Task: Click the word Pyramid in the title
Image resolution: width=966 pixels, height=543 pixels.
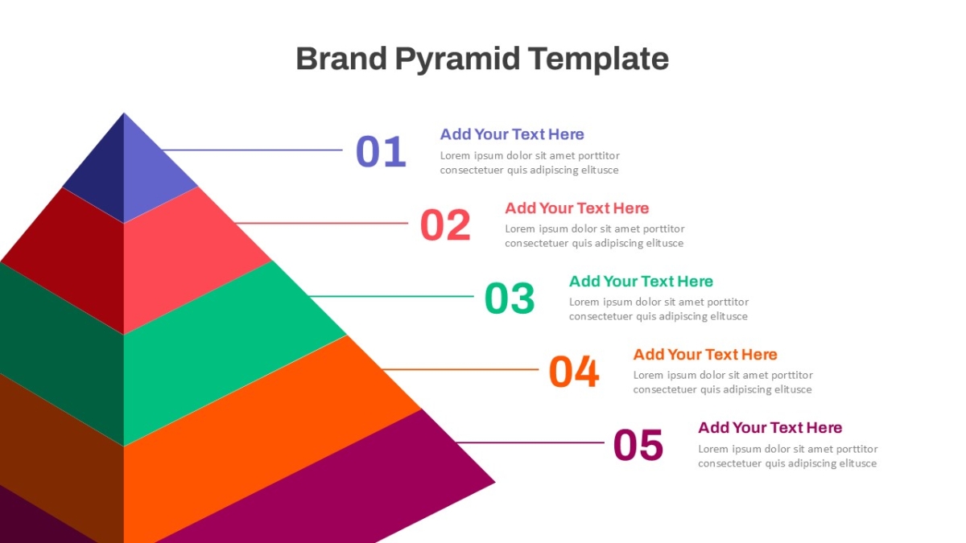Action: click(x=457, y=60)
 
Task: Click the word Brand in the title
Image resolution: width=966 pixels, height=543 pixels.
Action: click(x=341, y=59)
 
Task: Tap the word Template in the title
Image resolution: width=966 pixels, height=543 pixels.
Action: click(x=599, y=60)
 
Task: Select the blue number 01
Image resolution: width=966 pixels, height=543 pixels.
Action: click(x=381, y=151)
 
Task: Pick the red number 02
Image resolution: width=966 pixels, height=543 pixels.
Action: click(x=445, y=224)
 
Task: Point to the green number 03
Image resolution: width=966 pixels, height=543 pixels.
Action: click(x=510, y=298)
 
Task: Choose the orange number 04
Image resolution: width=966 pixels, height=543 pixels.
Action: click(x=573, y=371)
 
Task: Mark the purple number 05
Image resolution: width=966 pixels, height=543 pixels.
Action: click(x=638, y=444)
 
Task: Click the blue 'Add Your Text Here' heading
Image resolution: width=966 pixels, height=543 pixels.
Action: click(x=512, y=134)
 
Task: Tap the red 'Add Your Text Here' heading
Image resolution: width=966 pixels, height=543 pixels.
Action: click(x=577, y=208)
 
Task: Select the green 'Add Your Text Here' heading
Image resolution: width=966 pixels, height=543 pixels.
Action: click(x=641, y=282)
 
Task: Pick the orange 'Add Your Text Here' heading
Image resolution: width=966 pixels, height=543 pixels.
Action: click(x=705, y=355)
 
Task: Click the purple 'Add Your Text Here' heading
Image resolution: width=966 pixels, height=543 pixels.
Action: click(x=770, y=428)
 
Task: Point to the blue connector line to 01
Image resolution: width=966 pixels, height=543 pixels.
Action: click(x=252, y=150)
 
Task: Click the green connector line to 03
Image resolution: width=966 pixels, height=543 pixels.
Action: click(x=390, y=296)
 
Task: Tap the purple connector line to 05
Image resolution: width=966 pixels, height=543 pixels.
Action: click(x=530, y=442)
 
